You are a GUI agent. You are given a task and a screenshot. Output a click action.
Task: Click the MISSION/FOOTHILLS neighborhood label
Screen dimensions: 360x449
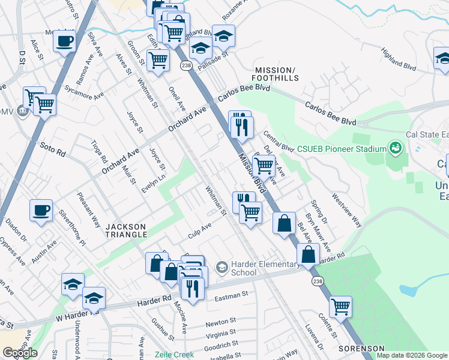[x=276, y=74]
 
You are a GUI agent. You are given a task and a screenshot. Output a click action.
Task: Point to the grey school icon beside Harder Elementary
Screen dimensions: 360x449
[x=222, y=265]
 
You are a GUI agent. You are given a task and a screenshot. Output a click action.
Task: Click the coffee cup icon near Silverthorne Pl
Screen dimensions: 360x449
[x=41, y=211]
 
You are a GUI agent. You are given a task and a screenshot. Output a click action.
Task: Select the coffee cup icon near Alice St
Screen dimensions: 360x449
[x=64, y=41]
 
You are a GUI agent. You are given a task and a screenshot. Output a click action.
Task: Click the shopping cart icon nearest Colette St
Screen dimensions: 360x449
[x=340, y=307]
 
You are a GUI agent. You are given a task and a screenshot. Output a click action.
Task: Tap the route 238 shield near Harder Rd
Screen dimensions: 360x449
[x=316, y=281]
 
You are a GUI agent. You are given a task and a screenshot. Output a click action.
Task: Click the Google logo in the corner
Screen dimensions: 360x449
[x=20, y=353]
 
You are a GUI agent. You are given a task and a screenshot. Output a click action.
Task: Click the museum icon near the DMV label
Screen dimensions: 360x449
[x=23, y=112]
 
